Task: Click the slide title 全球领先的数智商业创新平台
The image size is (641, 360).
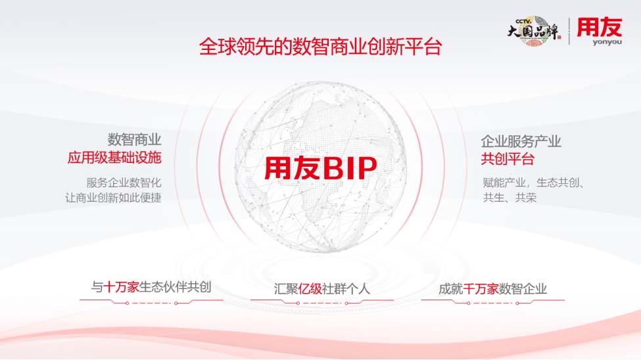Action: [x=320, y=47]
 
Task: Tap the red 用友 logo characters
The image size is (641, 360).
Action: [x=600, y=27]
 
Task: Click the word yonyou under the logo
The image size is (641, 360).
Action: [x=607, y=41]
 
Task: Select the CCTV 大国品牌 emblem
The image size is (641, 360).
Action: [x=534, y=31]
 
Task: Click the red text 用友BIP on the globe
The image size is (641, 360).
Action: [x=321, y=168]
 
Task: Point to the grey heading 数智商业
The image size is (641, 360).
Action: [x=135, y=140]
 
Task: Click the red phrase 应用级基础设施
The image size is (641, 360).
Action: [x=114, y=158]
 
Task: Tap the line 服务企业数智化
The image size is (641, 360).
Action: [x=124, y=182]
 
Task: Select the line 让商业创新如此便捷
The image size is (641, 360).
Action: [x=113, y=198]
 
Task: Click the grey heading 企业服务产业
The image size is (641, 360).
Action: [x=521, y=141]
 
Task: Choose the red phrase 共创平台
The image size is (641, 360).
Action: [x=508, y=159]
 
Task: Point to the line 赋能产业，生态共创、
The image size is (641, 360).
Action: [x=533, y=183]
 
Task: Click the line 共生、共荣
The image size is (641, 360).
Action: [x=510, y=198]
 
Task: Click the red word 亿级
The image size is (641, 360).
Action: [x=310, y=289]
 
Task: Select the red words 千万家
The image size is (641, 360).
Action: [x=481, y=289]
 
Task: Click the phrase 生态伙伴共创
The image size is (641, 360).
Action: [x=175, y=287]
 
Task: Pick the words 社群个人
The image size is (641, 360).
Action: [x=346, y=289]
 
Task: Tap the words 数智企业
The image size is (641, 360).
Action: [x=523, y=289]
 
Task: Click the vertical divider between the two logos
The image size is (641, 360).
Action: [x=569, y=31]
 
